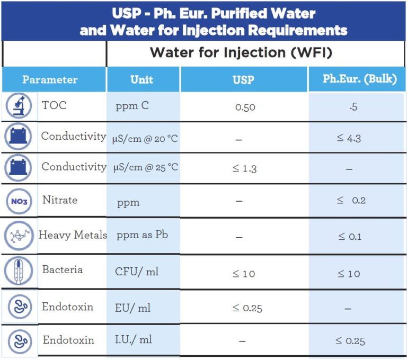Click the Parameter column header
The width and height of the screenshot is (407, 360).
point(50,80)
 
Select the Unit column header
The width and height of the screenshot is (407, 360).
point(142,80)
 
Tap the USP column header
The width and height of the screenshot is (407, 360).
point(244,80)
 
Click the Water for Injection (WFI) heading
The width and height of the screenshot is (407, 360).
point(241,53)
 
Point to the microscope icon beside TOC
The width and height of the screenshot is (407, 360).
point(19,106)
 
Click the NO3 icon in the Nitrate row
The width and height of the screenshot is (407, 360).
point(19,201)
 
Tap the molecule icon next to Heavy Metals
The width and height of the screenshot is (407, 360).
point(19,236)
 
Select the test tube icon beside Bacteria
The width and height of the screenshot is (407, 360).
point(19,271)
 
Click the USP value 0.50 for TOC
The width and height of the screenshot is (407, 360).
point(245,107)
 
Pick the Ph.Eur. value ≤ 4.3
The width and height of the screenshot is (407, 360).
point(349,139)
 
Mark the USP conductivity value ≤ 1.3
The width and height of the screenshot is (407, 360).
point(244,169)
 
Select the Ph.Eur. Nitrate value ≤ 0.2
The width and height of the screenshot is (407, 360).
point(351,201)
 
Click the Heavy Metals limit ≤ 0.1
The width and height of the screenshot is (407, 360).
point(350,237)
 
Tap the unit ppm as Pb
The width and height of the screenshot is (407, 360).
point(142,235)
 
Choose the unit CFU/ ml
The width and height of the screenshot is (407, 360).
point(137,272)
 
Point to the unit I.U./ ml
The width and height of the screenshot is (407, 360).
point(134,339)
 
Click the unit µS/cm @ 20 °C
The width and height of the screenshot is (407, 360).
point(145,139)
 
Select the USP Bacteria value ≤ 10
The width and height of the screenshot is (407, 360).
point(244,274)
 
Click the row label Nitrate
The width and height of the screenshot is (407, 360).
point(60,200)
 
